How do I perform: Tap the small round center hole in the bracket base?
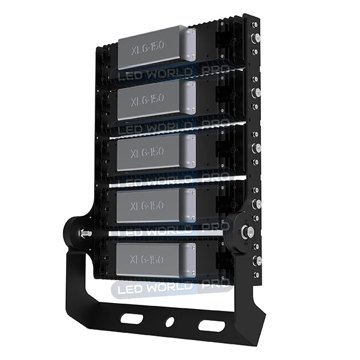pyautogui.click(x=170, y=322)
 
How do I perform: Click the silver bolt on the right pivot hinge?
pyautogui.click(x=245, y=230)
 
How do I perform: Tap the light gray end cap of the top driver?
pyautogui.click(x=189, y=48)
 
